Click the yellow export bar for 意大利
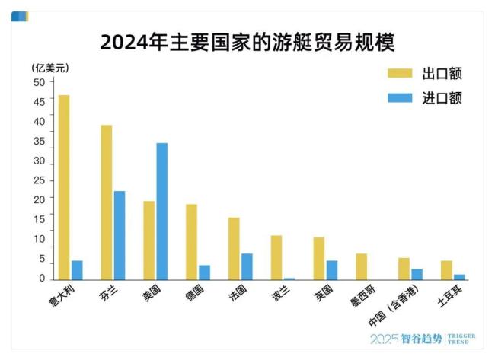point(64,188)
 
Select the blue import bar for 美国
point(161,212)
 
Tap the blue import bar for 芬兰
point(120,236)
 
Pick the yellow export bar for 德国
point(191,242)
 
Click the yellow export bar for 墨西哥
point(362,267)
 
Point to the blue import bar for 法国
point(247,266)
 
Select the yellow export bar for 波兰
point(276,258)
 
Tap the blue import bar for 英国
point(332,270)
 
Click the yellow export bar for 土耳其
point(446,270)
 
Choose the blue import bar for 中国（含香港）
point(417,275)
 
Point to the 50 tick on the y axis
point(39,82)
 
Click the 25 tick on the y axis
point(39,181)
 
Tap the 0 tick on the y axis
point(42,279)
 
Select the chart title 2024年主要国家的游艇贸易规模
point(247,41)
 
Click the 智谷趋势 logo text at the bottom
point(420,339)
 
